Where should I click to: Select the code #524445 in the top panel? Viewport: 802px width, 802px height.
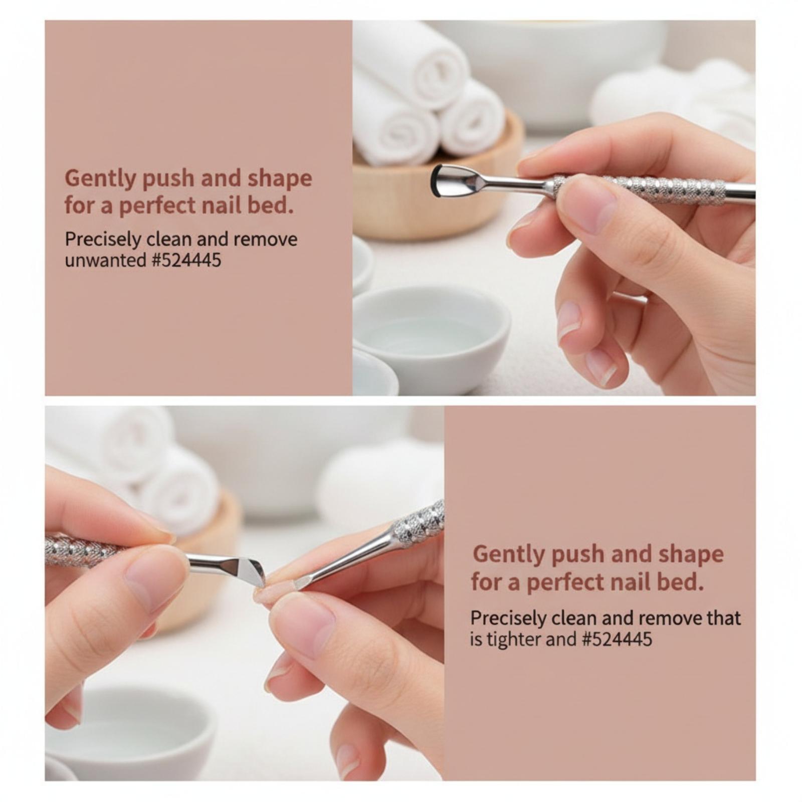click(185, 261)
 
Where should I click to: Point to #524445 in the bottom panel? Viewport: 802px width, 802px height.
click(617, 640)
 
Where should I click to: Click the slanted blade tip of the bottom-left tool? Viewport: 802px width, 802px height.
click(250, 571)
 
